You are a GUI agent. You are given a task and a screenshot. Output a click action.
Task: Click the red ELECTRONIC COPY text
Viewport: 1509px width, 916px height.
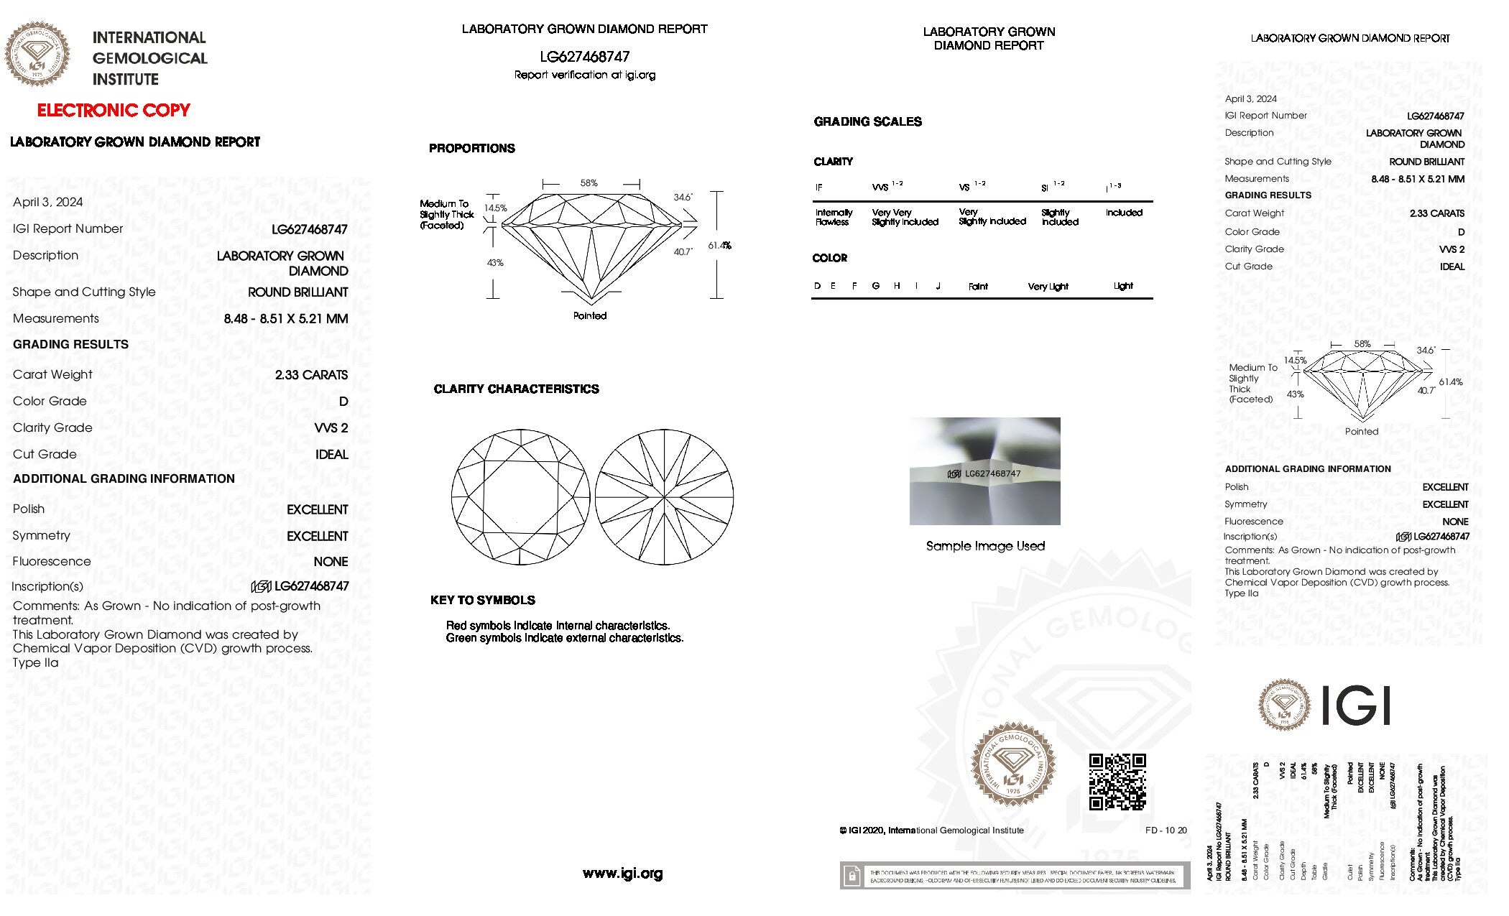pos(114,111)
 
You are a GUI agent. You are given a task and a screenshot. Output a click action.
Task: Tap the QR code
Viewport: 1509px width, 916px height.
pos(1117,782)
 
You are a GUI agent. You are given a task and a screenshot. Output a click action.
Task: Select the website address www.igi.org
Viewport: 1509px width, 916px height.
pos(622,874)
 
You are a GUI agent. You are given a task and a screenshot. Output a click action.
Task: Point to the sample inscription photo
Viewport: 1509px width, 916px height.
pos(984,471)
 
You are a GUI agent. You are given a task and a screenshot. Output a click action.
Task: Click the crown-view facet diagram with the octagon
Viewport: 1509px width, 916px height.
pos(520,497)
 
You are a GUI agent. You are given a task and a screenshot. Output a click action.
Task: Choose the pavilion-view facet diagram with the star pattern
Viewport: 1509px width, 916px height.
pos(665,497)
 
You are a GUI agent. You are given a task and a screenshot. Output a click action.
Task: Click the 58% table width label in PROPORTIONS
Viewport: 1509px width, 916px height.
pos(589,183)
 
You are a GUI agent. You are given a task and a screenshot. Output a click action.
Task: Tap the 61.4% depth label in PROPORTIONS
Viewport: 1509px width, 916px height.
pos(719,246)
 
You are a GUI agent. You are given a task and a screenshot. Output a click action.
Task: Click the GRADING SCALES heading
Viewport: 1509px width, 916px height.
pos(867,122)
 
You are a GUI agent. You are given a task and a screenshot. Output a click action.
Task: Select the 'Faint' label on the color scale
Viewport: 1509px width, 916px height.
pos(978,287)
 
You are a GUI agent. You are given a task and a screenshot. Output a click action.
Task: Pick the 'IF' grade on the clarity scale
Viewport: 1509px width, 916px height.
pos(818,188)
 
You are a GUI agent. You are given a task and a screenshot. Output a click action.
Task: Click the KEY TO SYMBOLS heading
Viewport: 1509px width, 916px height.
pos(483,601)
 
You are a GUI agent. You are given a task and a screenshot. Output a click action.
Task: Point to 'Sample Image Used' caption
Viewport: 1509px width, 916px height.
pos(985,546)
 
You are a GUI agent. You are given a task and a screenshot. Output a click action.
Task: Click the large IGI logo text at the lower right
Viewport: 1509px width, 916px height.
pos(1356,705)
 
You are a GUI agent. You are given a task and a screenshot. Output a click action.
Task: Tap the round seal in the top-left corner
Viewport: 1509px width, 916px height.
pos(37,54)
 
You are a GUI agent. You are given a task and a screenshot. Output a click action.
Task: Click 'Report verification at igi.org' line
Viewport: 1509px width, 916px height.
pos(585,75)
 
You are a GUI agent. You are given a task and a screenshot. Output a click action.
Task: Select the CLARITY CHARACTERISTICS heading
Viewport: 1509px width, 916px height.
pos(516,389)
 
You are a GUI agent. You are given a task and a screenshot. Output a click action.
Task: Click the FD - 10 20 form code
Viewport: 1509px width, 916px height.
pos(1166,831)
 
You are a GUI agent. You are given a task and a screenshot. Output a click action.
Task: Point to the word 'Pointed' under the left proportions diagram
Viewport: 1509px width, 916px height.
pos(590,316)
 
